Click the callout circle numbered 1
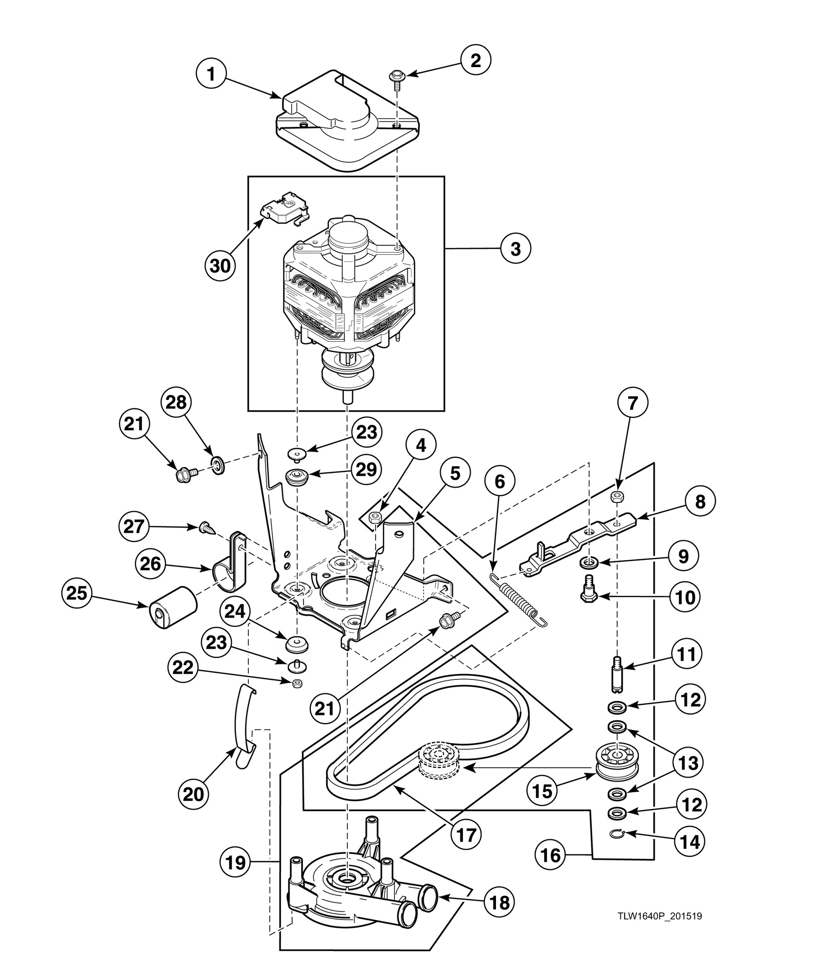point(211,74)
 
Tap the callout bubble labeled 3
point(515,248)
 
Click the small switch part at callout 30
point(284,208)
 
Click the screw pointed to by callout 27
point(205,527)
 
